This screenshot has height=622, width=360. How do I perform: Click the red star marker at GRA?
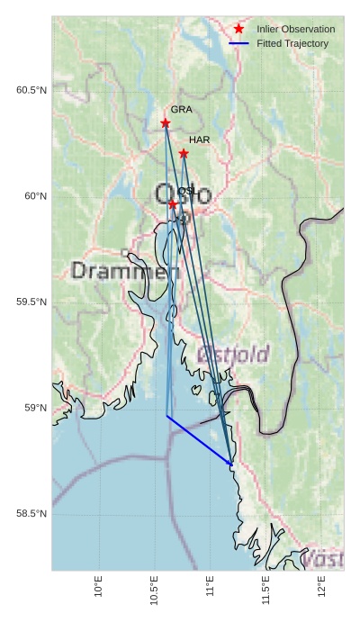click(x=166, y=123)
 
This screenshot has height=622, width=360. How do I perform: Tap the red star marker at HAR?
click(x=184, y=154)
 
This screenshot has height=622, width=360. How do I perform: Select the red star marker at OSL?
click(x=173, y=204)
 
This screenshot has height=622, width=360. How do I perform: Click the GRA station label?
click(x=182, y=110)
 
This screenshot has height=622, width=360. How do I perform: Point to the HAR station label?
click(x=199, y=140)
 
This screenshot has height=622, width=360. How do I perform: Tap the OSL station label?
click(x=187, y=192)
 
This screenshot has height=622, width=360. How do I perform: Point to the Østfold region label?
click(x=232, y=355)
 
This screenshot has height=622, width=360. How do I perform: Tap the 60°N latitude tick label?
click(x=35, y=196)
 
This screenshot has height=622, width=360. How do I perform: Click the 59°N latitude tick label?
click(x=35, y=408)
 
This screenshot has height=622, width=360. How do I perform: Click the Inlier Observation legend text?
click(x=295, y=30)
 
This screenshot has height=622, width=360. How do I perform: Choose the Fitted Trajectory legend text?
click(x=292, y=43)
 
